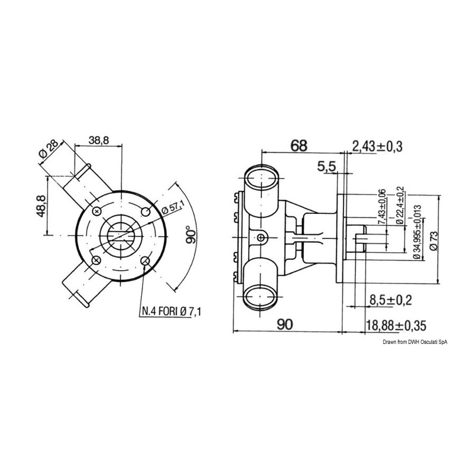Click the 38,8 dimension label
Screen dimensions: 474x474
(98, 140)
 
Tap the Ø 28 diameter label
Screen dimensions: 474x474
(48, 150)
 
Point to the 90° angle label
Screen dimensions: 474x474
(191, 234)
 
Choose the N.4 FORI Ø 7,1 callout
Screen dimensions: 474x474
(171, 311)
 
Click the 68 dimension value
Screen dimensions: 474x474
(299, 145)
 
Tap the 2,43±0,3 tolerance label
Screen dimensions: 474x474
(377, 146)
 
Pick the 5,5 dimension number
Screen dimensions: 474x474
(327, 166)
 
